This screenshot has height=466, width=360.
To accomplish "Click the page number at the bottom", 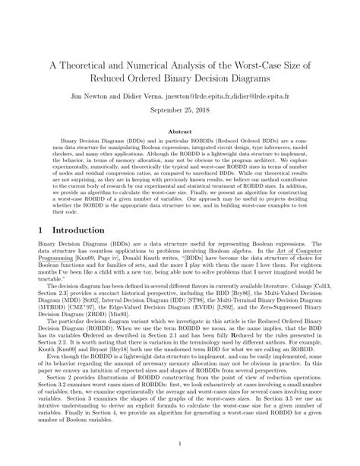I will pos(180,445).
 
